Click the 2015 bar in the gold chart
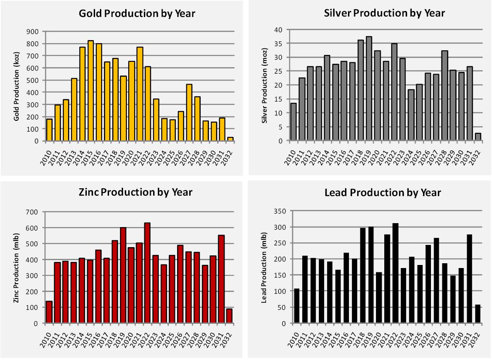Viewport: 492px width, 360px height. click(91, 91)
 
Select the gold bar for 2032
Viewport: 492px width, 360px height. click(230, 139)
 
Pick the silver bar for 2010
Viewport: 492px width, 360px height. click(294, 122)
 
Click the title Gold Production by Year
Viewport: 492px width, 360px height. click(137, 13)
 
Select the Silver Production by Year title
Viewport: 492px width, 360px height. click(385, 13)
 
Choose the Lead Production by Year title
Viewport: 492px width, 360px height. click(383, 192)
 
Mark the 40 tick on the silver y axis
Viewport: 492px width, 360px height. click(279, 30)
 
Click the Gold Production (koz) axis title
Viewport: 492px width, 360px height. click(17, 87)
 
